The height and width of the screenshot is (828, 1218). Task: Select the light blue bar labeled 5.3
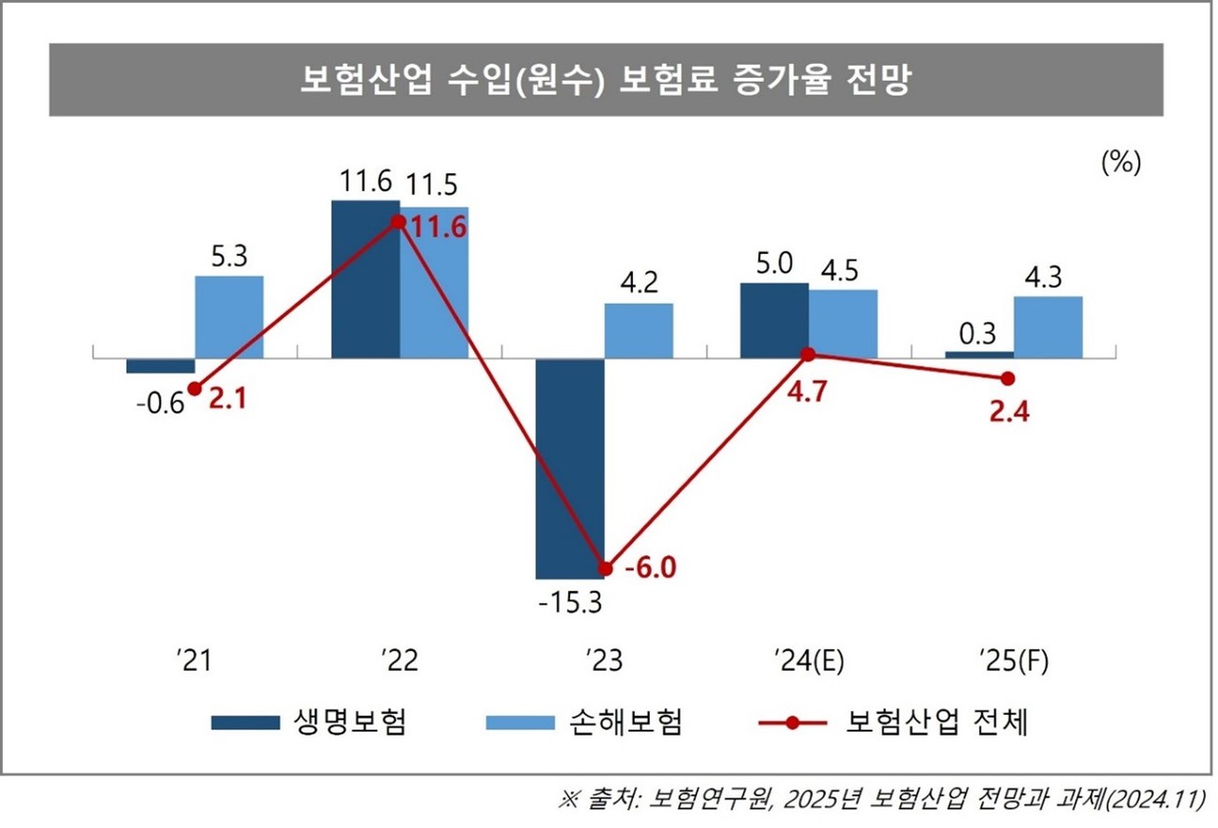pos(229,317)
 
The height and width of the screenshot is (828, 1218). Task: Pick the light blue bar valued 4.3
pos(1048,327)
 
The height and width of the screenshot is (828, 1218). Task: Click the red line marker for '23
pos(606,568)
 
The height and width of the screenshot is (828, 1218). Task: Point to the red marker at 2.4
pos(1009,379)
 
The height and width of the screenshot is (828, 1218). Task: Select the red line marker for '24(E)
pos(808,354)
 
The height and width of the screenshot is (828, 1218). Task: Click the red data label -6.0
pos(650,568)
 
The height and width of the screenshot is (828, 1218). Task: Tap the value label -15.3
pos(568,602)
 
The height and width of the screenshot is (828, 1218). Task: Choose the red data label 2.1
pos(228,401)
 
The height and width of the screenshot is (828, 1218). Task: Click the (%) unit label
pos(1120,163)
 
